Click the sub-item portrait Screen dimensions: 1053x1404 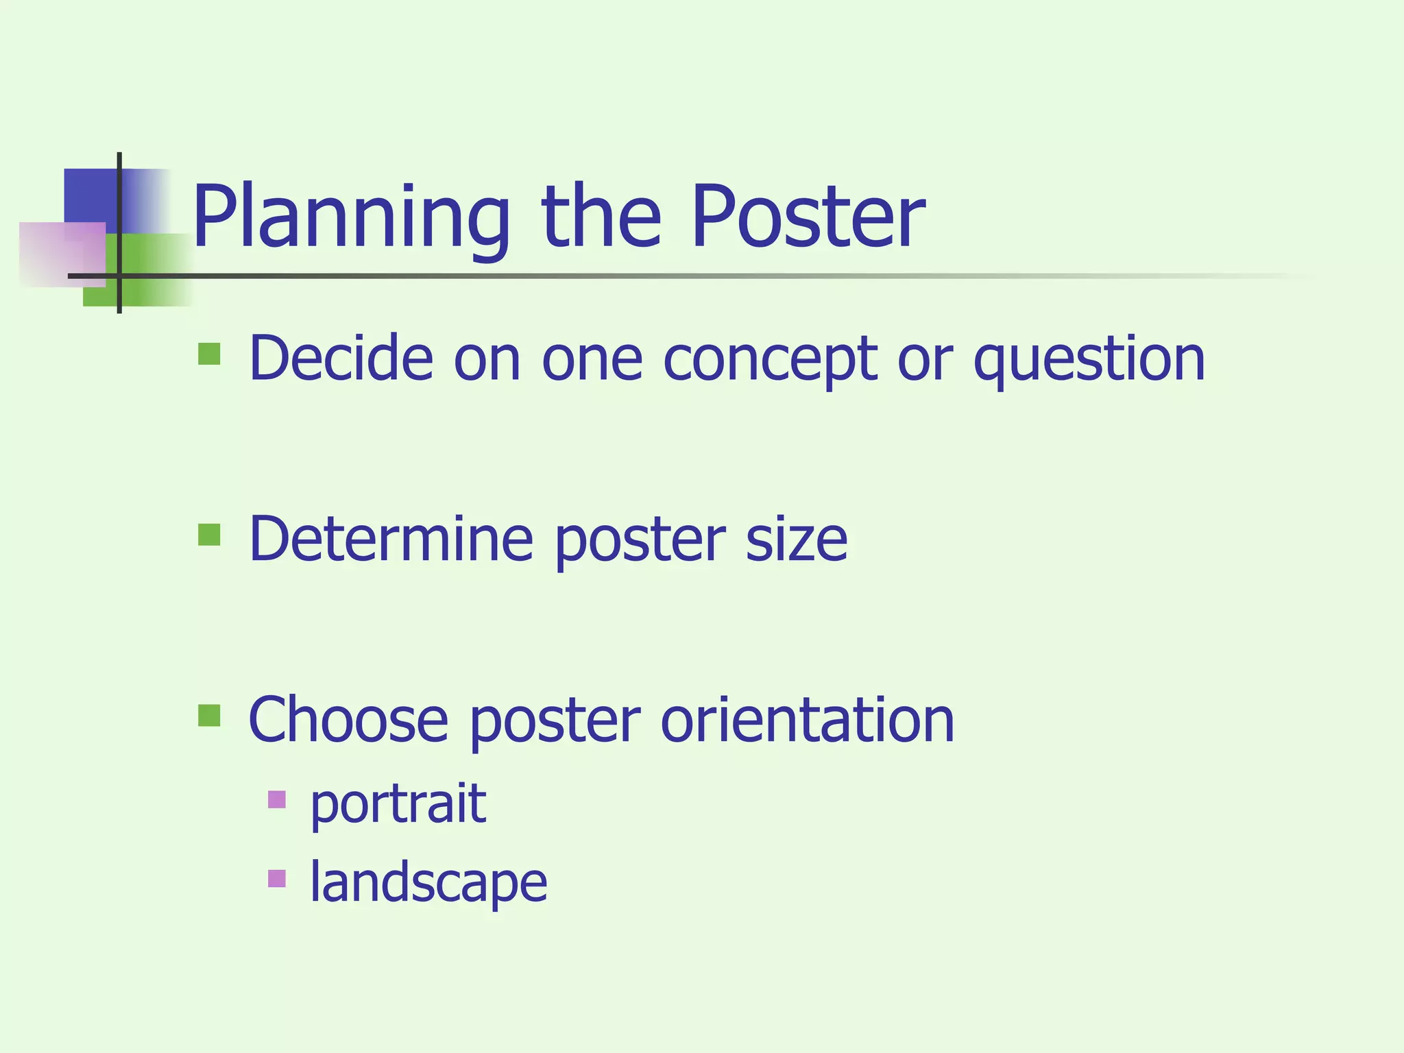[x=398, y=803]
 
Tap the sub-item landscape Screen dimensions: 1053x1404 [x=428, y=882]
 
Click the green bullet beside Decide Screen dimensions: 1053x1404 [x=209, y=354]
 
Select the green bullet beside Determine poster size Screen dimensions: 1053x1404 [x=209, y=535]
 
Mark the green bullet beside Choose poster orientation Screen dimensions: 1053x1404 [x=209, y=715]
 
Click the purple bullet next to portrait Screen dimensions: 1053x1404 [x=277, y=799]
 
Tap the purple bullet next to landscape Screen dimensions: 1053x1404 [x=277, y=878]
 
